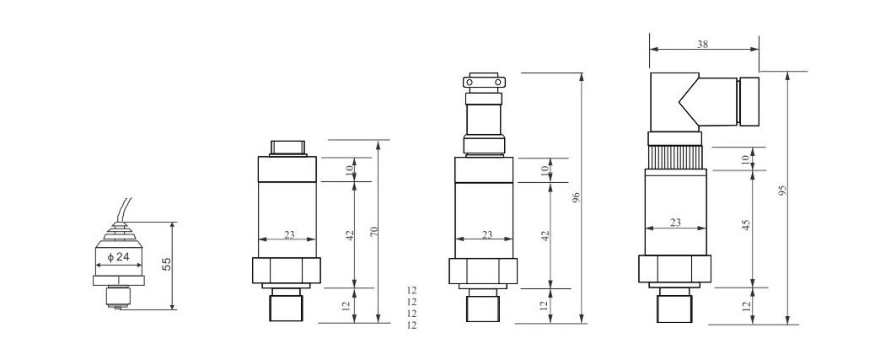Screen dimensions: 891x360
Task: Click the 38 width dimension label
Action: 702,45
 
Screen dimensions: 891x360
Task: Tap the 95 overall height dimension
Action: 782,191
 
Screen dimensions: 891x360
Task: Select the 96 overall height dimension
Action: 576,198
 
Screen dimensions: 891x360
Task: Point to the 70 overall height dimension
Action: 373,232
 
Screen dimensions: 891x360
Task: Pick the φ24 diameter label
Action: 119,257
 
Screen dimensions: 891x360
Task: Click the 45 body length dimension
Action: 747,226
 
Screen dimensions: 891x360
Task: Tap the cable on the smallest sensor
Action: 122,210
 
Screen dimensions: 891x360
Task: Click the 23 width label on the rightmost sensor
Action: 675,223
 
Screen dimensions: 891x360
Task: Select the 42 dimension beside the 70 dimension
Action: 350,234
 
